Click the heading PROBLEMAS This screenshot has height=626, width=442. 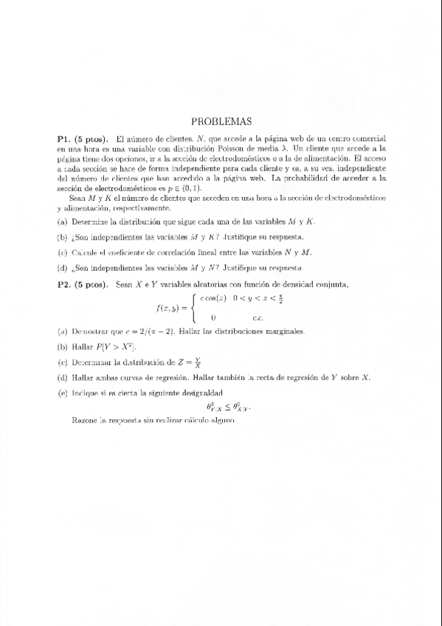221,121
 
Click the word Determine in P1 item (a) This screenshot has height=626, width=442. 89,221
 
